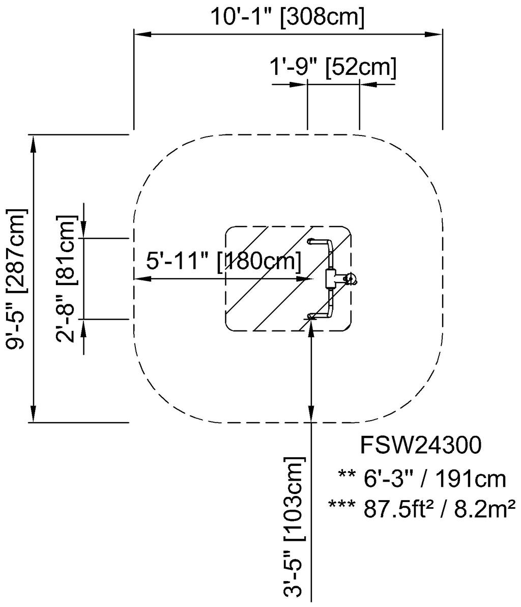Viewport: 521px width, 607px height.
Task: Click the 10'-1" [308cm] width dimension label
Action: tap(287, 16)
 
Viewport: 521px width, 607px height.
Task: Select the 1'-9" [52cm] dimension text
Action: tap(333, 67)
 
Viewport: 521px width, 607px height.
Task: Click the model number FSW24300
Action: tap(420, 446)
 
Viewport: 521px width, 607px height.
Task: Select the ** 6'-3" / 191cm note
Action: tap(422, 479)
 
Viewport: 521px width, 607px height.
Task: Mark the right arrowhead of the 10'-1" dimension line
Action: tap(433, 34)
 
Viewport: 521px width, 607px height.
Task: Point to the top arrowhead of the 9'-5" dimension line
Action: tap(34, 143)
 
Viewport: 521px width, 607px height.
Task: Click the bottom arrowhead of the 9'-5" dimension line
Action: tap(34, 414)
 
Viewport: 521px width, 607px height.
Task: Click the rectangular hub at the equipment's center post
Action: tap(331, 279)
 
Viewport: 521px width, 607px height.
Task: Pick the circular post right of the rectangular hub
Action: tap(350, 278)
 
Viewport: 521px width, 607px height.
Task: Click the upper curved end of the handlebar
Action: tap(312, 240)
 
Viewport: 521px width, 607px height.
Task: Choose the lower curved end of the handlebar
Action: tap(312, 316)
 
